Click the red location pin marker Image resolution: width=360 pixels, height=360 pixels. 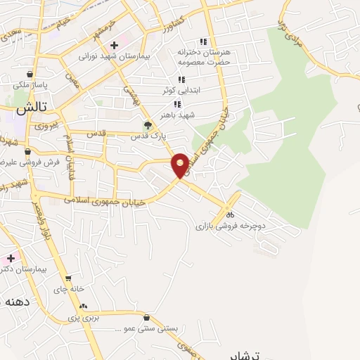[x=180, y=165]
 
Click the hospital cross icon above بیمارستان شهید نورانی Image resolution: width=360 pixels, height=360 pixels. [x=113, y=45]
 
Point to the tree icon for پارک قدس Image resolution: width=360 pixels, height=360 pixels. [x=148, y=127]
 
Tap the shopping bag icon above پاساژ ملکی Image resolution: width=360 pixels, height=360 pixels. [x=30, y=75]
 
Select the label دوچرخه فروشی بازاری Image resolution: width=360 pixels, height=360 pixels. [x=229, y=226]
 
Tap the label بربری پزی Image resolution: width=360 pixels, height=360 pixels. [x=84, y=317]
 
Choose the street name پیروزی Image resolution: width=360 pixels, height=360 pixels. [x=46, y=125]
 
